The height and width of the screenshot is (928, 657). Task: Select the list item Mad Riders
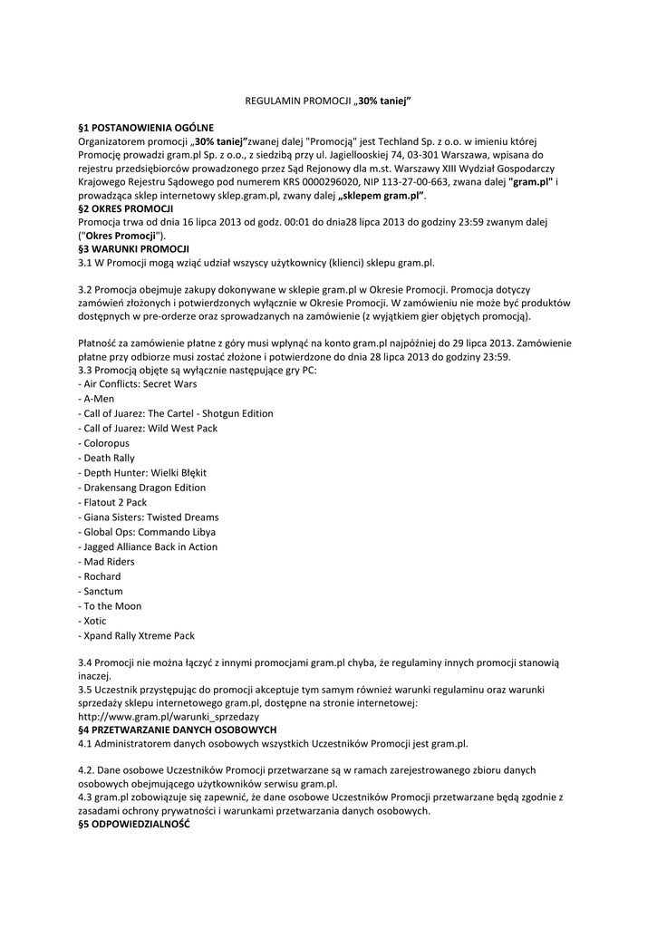pos(110,562)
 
